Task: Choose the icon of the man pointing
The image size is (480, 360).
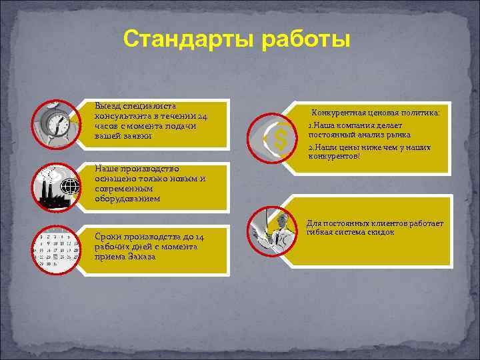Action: tap(273, 230)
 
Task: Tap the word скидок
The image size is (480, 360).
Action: tap(381, 233)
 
